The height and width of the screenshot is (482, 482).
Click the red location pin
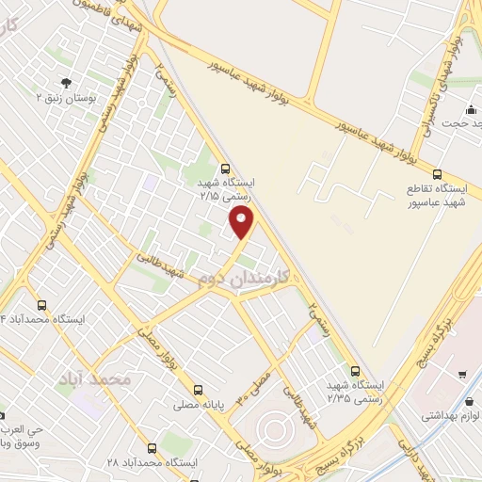(x=242, y=222)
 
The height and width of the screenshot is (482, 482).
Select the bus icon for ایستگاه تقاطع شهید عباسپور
(x=437, y=173)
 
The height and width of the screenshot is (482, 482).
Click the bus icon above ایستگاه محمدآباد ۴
(x=41, y=305)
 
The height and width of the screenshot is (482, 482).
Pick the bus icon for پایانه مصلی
(x=198, y=390)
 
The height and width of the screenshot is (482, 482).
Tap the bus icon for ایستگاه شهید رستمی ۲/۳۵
(x=355, y=371)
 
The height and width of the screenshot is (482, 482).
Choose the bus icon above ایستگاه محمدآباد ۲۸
(x=151, y=448)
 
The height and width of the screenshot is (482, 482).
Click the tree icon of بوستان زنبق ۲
(x=66, y=82)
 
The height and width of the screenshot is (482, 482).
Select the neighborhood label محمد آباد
(x=92, y=378)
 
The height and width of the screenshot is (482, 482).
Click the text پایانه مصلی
(x=198, y=406)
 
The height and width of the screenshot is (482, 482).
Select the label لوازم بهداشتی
(x=451, y=414)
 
